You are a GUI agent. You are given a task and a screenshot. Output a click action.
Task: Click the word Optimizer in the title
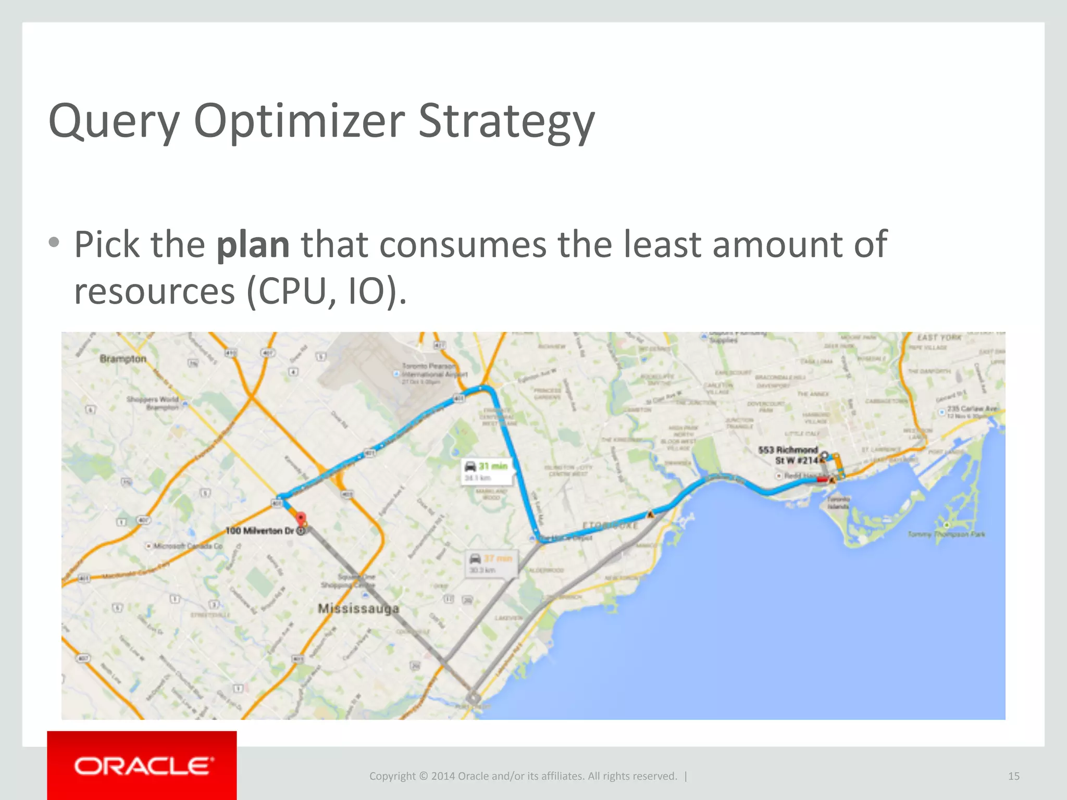click(x=299, y=122)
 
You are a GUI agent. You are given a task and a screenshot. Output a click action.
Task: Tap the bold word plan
click(x=253, y=245)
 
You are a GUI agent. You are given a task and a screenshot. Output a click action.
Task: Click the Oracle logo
click(x=142, y=766)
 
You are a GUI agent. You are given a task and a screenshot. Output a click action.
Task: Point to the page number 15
click(x=1013, y=776)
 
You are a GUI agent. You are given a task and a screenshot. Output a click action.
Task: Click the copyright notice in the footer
click(x=523, y=776)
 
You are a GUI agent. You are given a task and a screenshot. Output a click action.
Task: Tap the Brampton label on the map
click(x=123, y=359)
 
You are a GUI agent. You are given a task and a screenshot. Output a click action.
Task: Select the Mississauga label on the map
click(x=358, y=608)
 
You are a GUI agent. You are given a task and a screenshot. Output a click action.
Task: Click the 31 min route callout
click(x=487, y=471)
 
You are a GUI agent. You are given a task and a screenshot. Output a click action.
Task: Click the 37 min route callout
click(x=491, y=564)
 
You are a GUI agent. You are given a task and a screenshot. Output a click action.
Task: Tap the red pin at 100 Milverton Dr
click(x=301, y=518)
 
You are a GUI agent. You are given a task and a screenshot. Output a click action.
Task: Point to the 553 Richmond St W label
click(x=789, y=455)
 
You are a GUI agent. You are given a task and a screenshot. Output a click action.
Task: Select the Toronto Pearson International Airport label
click(x=434, y=370)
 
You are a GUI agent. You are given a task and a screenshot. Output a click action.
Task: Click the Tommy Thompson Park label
click(x=946, y=534)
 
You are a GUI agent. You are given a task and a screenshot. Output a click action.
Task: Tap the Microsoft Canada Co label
click(x=187, y=546)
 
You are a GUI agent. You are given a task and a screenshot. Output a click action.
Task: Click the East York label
click(x=939, y=337)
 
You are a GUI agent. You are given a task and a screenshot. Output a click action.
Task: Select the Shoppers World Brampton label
click(x=153, y=403)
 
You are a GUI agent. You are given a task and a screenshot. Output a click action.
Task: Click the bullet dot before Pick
click(x=54, y=242)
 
